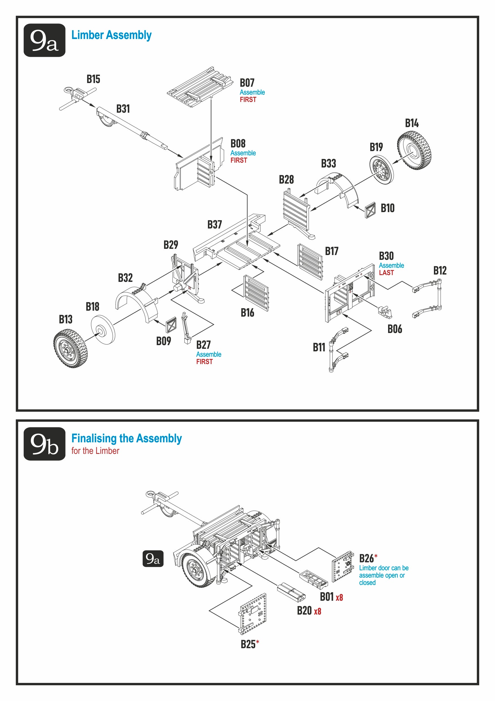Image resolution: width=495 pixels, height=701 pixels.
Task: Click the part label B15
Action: [93, 79]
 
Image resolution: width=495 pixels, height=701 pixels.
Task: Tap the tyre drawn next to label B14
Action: [414, 150]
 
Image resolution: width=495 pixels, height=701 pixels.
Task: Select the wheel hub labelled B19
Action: [381, 170]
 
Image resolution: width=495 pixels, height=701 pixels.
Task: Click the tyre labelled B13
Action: [70, 348]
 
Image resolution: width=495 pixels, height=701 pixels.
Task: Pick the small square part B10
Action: [370, 210]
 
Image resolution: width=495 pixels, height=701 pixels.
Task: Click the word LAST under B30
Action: [386, 273]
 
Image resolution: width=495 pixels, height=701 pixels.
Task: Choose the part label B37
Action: [214, 225]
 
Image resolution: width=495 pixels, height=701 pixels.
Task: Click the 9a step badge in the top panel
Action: [44, 40]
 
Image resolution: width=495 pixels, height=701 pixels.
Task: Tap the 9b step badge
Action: [44, 444]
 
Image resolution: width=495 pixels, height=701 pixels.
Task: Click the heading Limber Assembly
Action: [111, 35]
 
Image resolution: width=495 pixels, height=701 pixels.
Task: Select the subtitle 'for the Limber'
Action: [95, 451]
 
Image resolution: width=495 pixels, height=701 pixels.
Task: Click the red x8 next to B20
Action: [317, 611]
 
